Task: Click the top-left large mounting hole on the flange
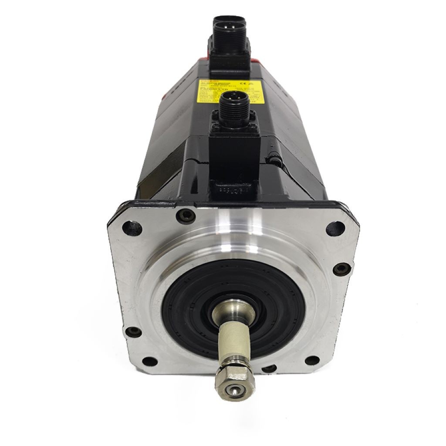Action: [x=132, y=227]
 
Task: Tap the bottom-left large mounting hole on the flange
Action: [x=149, y=361]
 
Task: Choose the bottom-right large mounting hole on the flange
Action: [x=311, y=361]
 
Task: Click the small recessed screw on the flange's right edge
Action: [x=341, y=268]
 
